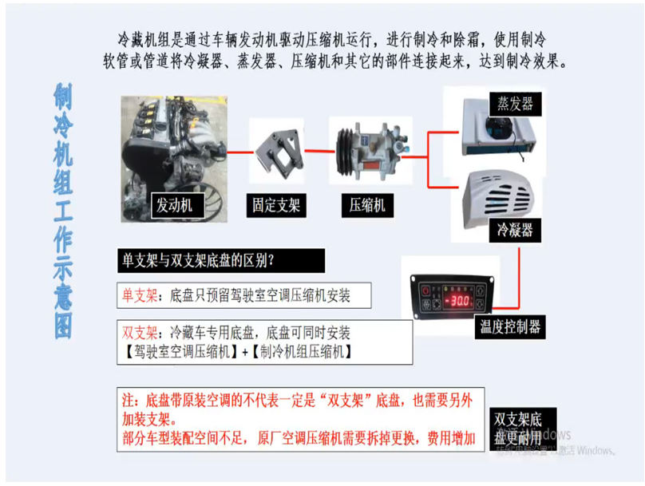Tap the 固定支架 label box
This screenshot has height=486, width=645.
[x=276, y=205]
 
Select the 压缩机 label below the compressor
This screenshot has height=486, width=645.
[x=368, y=205]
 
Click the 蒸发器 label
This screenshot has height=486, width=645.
[x=515, y=103]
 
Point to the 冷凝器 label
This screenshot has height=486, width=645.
[x=514, y=231]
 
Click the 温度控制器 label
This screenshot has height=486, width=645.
[x=511, y=326]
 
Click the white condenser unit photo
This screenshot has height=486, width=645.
[x=498, y=196]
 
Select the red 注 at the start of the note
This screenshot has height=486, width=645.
[x=129, y=398]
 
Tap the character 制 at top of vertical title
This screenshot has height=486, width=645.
[x=64, y=95]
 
